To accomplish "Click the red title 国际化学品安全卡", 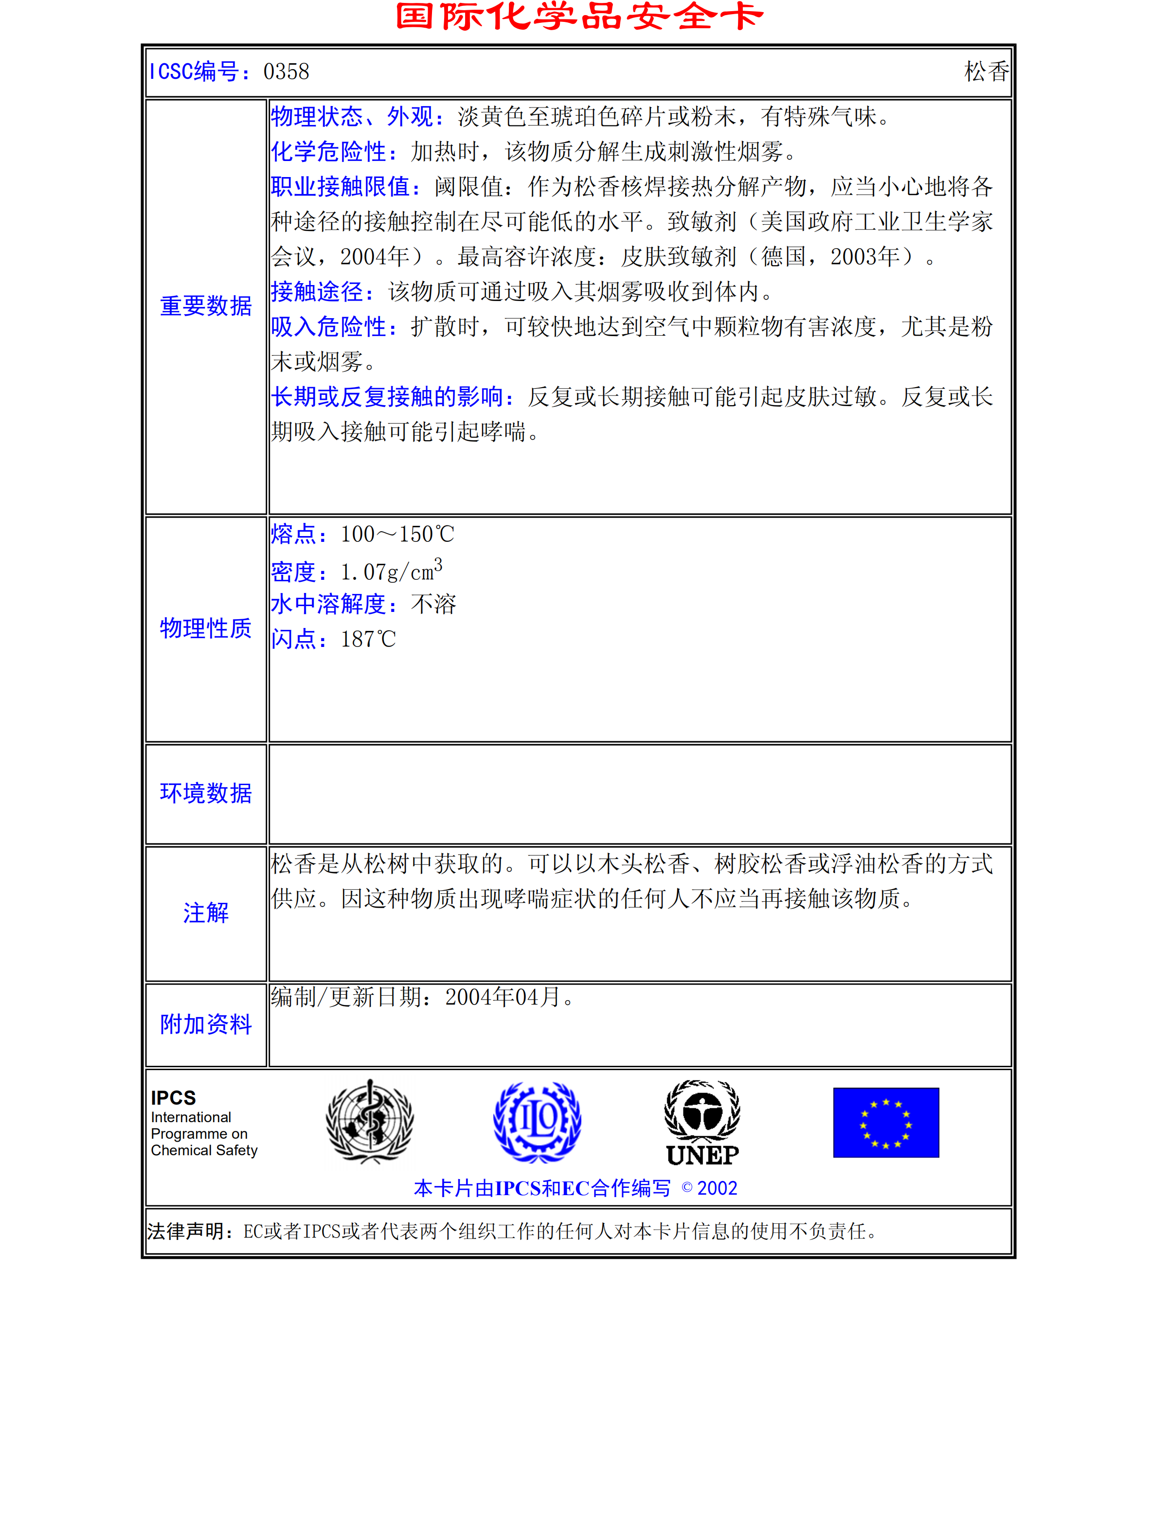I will click(578, 17).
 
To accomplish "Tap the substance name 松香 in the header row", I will click(986, 72).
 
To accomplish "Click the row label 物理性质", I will click(206, 628).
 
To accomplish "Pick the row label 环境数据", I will click(206, 793).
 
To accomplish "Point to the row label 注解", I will click(206, 913).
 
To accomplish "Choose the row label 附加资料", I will click(206, 1024).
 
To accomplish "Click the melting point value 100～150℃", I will click(397, 534).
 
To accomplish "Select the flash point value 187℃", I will click(368, 640).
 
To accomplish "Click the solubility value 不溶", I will click(433, 605).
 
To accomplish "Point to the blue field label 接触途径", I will click(322, 292).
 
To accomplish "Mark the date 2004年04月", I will click(503, 997).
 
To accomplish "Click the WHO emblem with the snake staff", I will click(370, 1122).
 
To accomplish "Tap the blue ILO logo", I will click(537, 1122).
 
